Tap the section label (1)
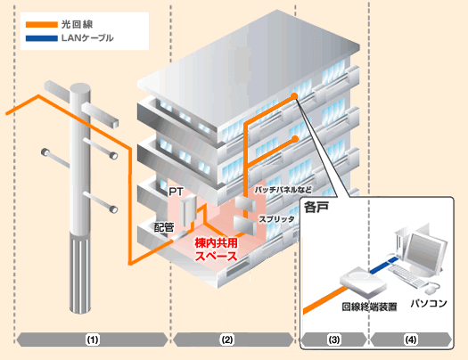click(93, 340)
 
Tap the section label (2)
click(227, 340)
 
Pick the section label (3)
click(334, 340)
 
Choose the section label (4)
click(411, 340)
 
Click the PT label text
click(176, 191)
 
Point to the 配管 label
click(164, 228)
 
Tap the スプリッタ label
click(277, 218)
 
